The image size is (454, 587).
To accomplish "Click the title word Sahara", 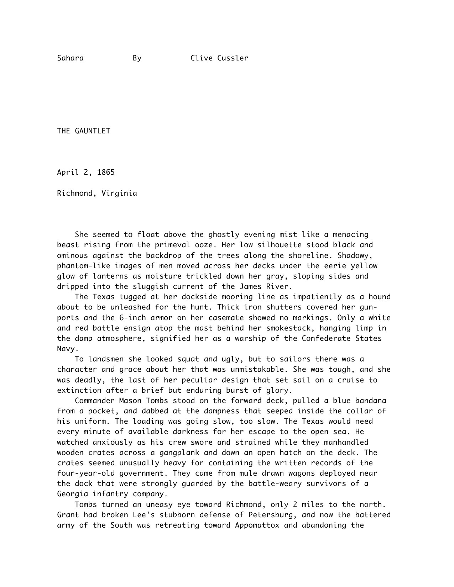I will [70, 58].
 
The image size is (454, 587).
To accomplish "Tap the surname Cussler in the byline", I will [233, 58].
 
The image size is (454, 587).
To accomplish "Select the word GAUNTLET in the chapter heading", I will [93, 131].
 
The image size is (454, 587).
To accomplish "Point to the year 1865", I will [106, 173].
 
